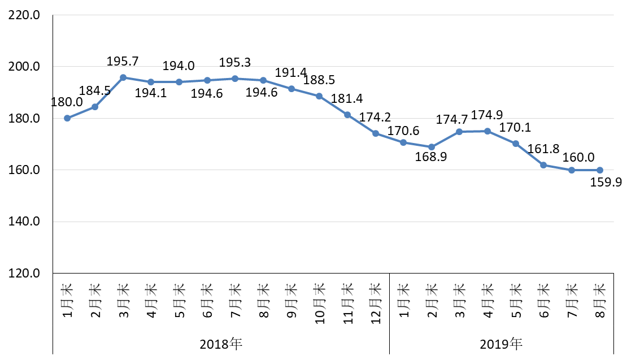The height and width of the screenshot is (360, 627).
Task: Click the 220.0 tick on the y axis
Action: click(x=24, y=15)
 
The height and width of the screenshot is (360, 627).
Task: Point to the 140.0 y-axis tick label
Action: click(x=24, y=222)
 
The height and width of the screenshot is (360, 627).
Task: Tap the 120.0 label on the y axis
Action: click(x=24, y=274)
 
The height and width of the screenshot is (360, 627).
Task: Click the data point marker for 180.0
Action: click(x=67, y=118)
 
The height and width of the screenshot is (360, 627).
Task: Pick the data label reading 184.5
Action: click(x=95, y=90)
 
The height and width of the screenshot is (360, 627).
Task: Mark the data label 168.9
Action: click(x=431, y=158)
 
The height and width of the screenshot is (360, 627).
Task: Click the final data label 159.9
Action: click(x=606, y=182)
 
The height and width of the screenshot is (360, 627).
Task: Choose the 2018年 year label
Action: click(x=221, y=343)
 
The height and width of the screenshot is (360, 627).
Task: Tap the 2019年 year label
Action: click(x=501, y=343)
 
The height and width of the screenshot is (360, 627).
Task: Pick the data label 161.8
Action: click(x=543, y=149)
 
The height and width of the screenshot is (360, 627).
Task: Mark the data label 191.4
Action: click(x=291, y=73)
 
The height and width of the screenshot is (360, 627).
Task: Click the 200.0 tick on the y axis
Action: click(x=24, y=67)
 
